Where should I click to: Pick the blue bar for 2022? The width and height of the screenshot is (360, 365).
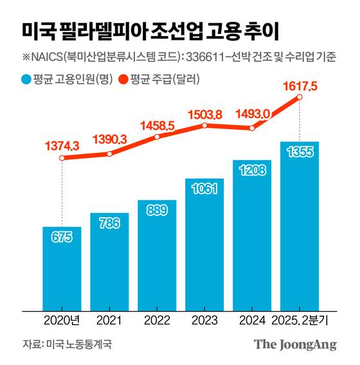157,257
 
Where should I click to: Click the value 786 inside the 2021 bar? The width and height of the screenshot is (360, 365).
109,224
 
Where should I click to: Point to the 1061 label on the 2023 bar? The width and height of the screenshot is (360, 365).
204,188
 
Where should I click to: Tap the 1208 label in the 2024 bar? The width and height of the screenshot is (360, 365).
252,170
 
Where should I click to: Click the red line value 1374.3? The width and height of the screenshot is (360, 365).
62,147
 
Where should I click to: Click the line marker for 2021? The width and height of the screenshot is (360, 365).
109,154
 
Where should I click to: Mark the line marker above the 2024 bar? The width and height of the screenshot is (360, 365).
252,128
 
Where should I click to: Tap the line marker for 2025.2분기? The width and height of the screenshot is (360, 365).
300,98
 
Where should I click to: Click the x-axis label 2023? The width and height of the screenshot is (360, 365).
204,319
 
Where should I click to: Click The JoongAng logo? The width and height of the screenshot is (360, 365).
295,344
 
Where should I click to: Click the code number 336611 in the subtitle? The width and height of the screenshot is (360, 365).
206,58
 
